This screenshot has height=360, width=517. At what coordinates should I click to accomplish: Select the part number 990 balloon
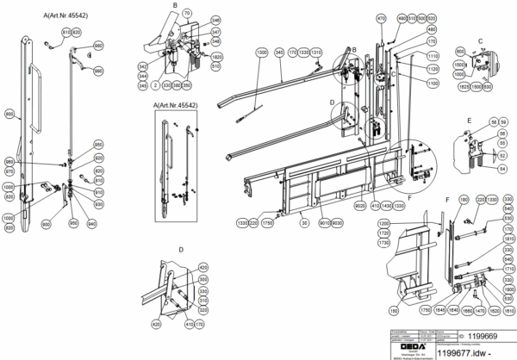click(x=98, y=71)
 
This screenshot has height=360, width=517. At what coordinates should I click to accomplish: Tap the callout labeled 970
click(x=9, y=171)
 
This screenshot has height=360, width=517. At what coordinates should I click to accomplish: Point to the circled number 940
click(x=92, y=221)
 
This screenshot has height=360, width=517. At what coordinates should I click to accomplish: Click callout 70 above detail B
click(x=187, y=15)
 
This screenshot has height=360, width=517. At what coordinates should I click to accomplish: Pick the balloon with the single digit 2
click(x=154, y=85)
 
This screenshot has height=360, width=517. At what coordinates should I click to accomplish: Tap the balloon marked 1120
click(x=433, y=69)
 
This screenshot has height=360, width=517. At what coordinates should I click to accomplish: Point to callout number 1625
click(x=464, y=86)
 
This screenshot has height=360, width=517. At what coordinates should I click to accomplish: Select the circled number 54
click(x=502, y=169)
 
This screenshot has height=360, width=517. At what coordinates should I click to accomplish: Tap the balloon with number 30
click(x=303, y=221)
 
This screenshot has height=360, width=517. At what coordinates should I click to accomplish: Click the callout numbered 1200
click(x=383, y=223)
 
